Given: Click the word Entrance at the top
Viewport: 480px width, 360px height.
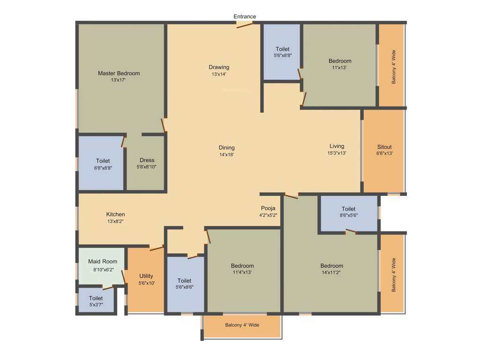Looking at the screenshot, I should pyautogui.click(x=245, y=16).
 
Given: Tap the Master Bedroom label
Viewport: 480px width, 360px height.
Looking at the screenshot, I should pyautogui.click(x=119, y=73).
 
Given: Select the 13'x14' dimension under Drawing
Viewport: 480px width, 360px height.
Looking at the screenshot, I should pyautogui.click(x=219, y=74).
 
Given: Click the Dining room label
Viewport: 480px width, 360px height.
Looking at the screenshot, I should pyautogui.click(x=226, y=148).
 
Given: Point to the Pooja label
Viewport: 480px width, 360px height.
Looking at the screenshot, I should pyautogui.click(x=268, y=209).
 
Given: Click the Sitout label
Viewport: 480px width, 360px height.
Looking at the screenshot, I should pyautogui.click(x=384, y=147).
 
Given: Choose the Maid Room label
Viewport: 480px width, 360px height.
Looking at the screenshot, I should pyautogui.click(x=103, y=262).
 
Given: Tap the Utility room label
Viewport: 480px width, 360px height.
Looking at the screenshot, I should pyautogui.click(x=146, y=276).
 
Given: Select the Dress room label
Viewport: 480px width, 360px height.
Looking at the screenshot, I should pyautogui.click(x=147, y=160).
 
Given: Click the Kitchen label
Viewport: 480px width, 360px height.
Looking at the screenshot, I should pyautogui.click(x=115, y=214).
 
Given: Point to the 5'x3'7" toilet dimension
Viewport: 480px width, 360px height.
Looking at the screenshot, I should pyautogui.click(x=96, y=305).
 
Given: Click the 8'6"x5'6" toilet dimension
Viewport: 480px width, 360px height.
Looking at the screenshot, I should pyautogui.click(x=348, y=216).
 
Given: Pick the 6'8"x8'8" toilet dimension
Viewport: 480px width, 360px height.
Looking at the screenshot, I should pyautogui.click(x=103, y=167).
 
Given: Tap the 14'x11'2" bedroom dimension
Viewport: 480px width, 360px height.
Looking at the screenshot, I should pyautogui.click(x=332, y=272).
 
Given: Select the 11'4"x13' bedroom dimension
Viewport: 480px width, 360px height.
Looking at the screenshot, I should pyautogui.click(x=242, y=272).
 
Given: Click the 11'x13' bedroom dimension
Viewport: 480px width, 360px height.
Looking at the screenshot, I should pyautogui.click(x=339, y=67).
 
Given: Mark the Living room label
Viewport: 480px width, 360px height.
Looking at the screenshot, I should pyautogui.click(x=337, y=146).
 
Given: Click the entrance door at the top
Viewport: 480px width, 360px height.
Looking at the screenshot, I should pyautogui.click(x=245, y=24).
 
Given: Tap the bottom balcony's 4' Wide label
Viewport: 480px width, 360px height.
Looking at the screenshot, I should pyautogui.click(x=242, y=325).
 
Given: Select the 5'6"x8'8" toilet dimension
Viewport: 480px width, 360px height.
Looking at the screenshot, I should pyautogui.click(x=282, y=55).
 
